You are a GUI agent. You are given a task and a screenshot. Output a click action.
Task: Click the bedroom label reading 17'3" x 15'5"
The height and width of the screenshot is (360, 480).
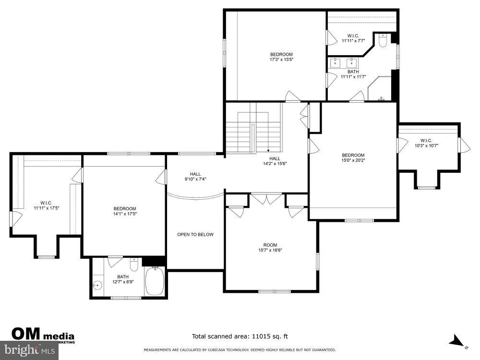coord(281,57)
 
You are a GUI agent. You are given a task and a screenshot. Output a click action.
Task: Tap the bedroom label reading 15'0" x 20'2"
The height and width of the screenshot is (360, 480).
coord(353,158)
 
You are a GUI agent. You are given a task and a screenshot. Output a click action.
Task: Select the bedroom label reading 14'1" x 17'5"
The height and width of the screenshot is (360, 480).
coord(124,211)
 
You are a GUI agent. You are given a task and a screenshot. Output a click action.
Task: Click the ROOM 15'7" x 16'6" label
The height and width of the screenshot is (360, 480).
coord(270,247)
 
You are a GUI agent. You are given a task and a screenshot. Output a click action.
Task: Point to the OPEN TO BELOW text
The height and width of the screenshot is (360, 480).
coord(195,235)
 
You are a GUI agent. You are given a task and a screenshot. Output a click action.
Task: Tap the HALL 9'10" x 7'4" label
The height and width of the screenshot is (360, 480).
coord(195,177)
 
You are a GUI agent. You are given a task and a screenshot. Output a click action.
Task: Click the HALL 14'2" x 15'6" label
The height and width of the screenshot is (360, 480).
coord(275,161)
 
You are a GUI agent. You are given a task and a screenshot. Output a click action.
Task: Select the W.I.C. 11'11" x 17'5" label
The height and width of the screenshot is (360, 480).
coord(46,205)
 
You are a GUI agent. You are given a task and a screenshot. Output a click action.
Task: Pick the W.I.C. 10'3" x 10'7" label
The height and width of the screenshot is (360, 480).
coord(426,143)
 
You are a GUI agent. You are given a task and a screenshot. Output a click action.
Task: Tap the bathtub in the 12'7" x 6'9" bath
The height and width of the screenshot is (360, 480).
coord(155,282)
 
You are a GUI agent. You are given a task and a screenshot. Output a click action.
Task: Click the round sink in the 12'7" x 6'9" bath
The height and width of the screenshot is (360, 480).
coord(98,286)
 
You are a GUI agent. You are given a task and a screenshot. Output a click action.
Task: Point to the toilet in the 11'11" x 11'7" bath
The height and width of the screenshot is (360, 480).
coord(383,42)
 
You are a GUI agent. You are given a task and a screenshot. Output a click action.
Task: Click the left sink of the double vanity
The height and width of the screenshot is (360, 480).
coord(336,62)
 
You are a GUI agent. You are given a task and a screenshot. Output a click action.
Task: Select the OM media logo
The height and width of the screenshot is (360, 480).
coord(43,335)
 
